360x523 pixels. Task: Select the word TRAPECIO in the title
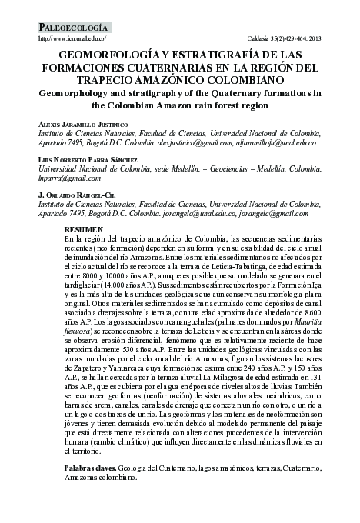coord(133,79)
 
